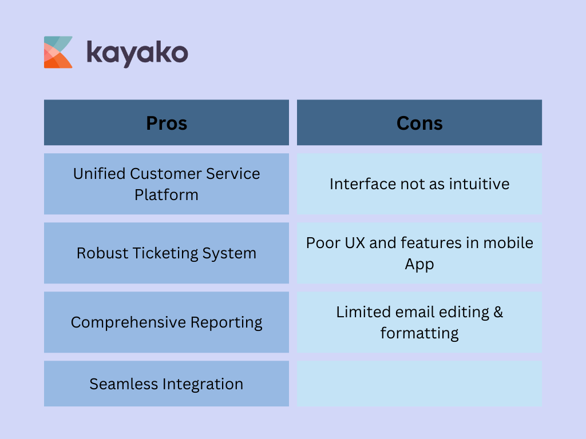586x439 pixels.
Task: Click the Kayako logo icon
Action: point(58,52)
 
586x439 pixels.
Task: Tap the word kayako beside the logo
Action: point(137,53)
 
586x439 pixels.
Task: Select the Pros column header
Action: point(167,123)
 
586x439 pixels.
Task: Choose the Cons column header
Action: point(419,123)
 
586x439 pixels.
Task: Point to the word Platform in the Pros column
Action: point(167,194)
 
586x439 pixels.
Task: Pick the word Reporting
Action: point(225,322)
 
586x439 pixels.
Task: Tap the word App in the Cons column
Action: point(419,264)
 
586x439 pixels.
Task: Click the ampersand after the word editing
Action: point(497,312)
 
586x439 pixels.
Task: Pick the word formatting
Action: point(419,333)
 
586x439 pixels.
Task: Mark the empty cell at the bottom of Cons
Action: point(419,384)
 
